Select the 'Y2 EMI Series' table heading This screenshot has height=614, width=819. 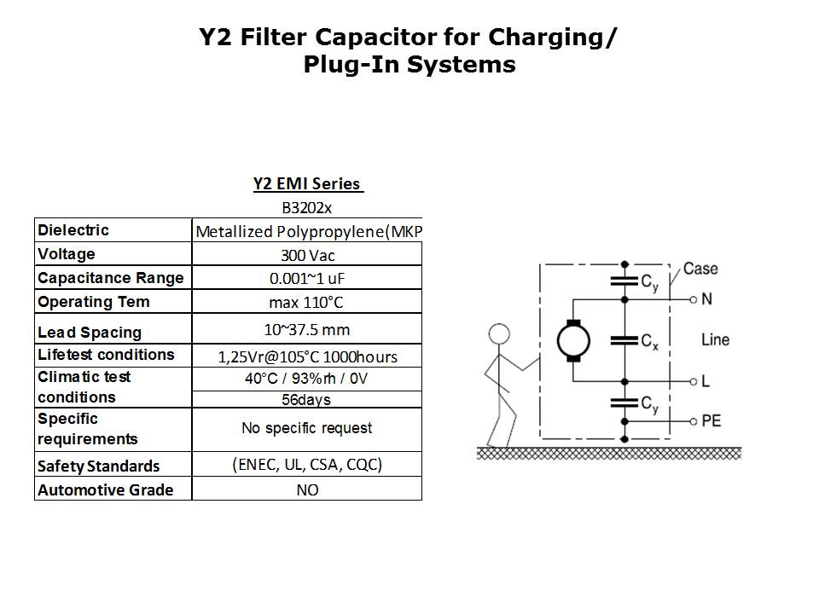coord(308,184)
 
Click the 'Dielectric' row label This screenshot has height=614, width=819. coord(73,230)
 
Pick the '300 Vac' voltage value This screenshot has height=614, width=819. coord(307,255)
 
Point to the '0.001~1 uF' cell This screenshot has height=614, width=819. coord(307,278)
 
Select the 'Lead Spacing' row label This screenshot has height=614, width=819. coord(90,333)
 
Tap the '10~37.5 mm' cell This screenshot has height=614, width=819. coord(307,330)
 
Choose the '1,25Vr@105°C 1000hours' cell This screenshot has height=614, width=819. coord(307,356)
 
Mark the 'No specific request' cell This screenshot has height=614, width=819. coord(307,428)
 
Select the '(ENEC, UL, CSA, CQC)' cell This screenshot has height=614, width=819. coord(307,465)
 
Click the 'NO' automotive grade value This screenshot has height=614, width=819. coord(307,490)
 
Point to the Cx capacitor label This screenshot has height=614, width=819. coord(649,344)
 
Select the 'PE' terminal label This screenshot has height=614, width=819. coord(711,420)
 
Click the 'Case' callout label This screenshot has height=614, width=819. coord(700,269)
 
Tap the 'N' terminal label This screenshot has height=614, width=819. coord(706,299)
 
